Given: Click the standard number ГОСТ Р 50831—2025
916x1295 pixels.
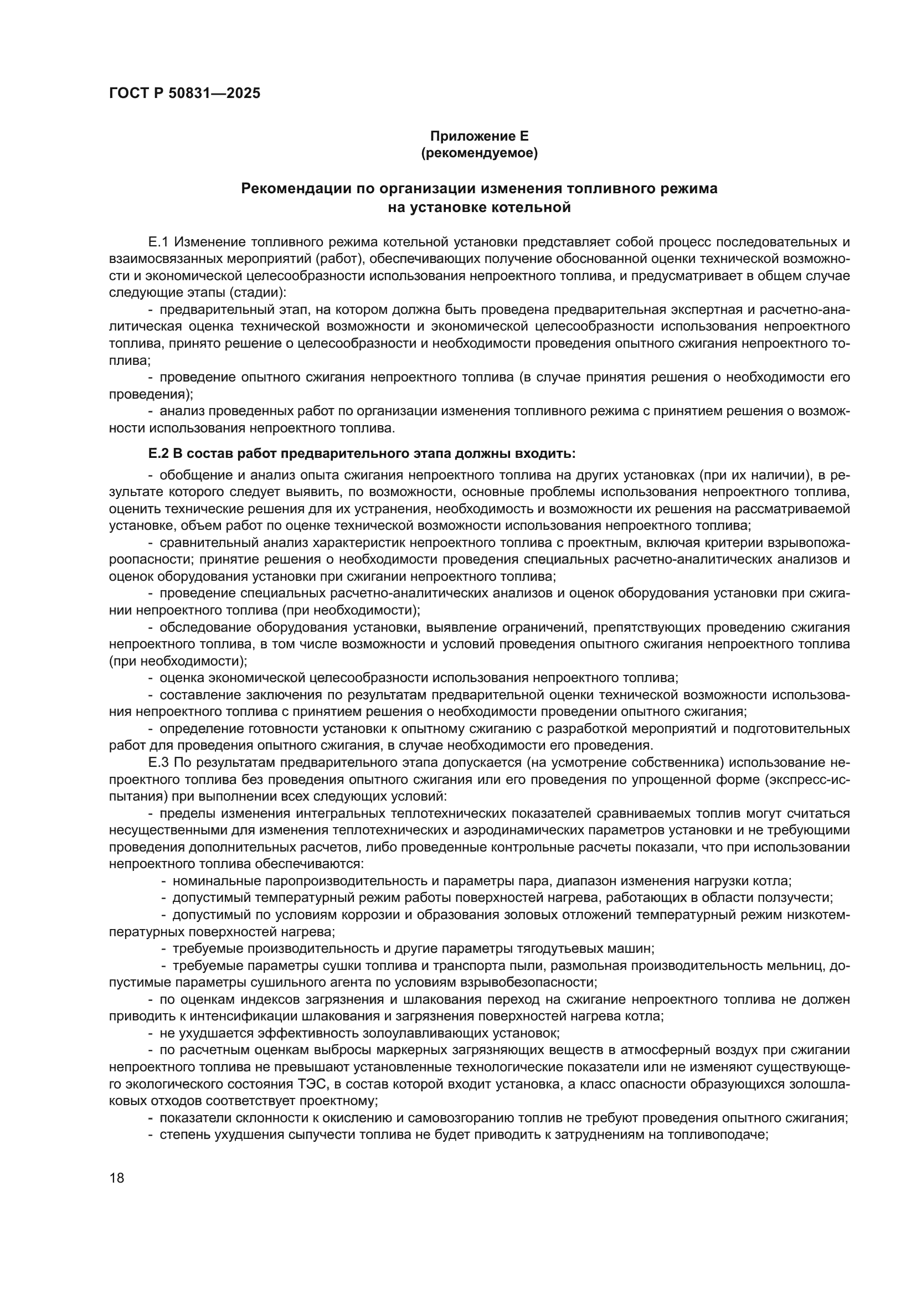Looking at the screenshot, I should click(x=184, y=94).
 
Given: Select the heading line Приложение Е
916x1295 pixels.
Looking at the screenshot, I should click(x=479, y=136).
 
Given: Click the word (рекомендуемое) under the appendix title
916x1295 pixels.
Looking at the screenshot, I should click(x=479, y=153).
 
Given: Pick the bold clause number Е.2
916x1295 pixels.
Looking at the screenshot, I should click(x=158, y=453).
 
